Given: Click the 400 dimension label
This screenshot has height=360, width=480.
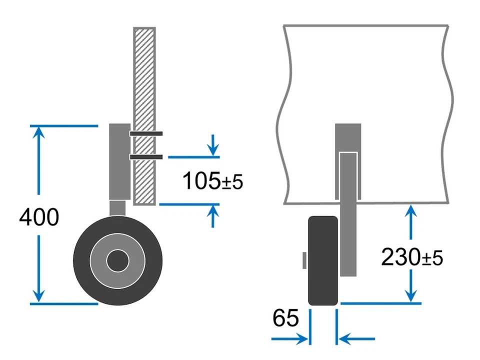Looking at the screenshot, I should (x=39, y=218).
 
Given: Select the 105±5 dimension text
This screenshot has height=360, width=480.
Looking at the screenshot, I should (x=212, y=181).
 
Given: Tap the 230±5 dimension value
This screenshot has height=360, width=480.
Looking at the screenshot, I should (x=411, y=257).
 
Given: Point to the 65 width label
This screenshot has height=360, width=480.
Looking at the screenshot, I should (x=285, y=318).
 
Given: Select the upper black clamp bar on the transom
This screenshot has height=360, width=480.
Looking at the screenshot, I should (x=146, y=133).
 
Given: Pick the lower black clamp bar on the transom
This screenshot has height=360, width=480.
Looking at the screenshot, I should (x=146, y=157).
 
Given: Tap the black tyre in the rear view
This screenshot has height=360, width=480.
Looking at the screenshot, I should (x=323, y=260).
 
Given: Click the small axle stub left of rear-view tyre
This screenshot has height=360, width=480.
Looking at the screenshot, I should (x=304, y=260).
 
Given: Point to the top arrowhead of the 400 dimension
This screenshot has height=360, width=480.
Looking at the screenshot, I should (x=39, y=132).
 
